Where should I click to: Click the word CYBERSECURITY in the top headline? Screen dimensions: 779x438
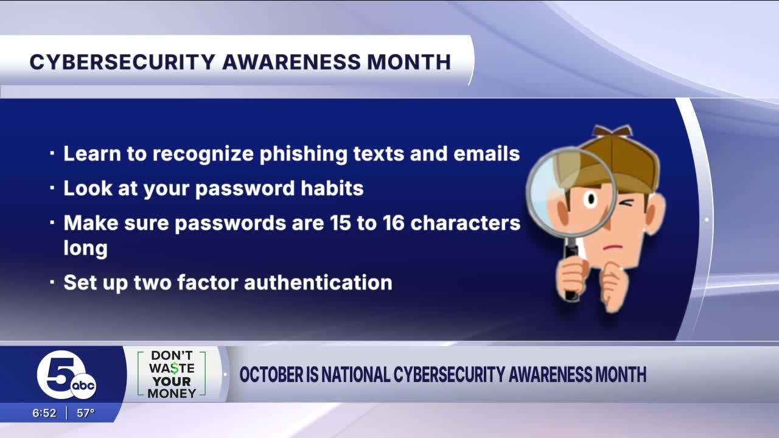(x=122, y=62)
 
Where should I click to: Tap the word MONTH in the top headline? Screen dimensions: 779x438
(x=409, y=62)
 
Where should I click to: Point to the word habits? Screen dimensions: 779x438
(x=332, y=188)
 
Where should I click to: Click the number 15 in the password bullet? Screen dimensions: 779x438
(x=340, y=223)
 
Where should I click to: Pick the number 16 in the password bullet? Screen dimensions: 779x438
(x=394, y=223)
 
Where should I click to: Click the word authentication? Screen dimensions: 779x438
(x=318, y=282)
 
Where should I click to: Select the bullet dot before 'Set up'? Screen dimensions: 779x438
(x=52, y=282)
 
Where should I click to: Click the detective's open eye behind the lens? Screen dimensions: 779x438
(x=591, y=199)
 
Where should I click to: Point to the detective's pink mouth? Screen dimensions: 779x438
(x=613, y=248)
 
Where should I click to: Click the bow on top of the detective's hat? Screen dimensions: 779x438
(x=612, y=131)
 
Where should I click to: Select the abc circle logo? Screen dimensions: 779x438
(x=83, y=386)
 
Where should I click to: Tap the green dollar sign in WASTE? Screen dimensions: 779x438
(x=175, y=368)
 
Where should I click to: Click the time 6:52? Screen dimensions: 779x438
(x=44, y=413)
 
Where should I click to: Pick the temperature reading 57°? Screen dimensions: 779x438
(x=86, y=413)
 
